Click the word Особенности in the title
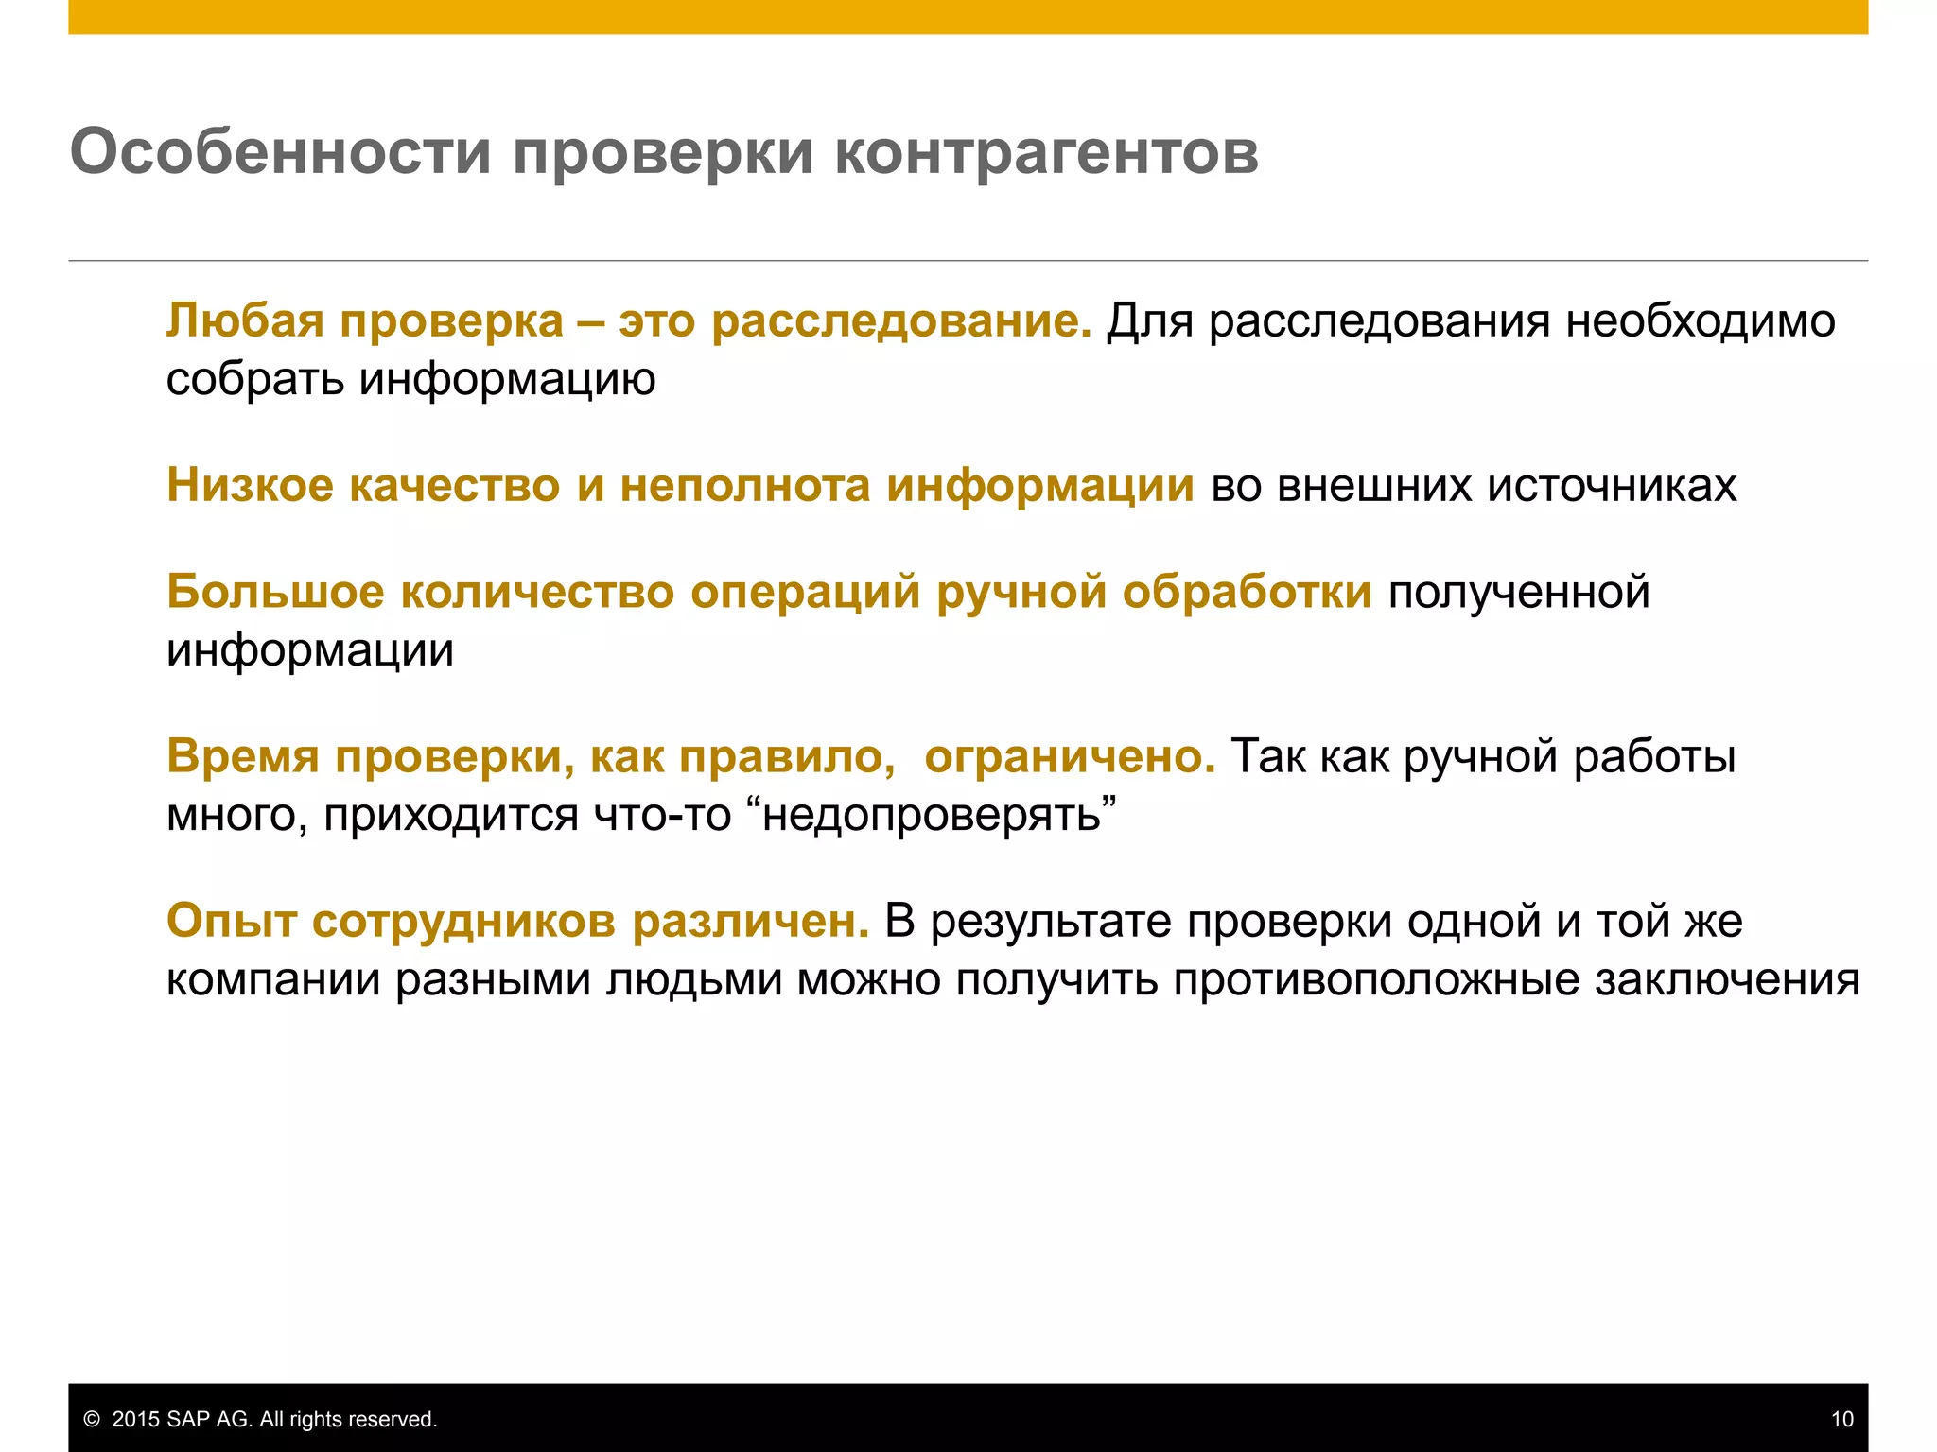tap(281, 151)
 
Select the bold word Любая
tap(245, 320)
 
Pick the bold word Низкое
tap(250, 485)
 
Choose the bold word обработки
tap(1247, 592)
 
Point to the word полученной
tap(1519, 592)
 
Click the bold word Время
tap(243, 756)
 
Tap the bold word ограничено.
tap(1069, 756)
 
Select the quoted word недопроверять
tap(932, 815)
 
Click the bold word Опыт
tap(232, 921)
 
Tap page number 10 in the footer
tap(1841, 1419)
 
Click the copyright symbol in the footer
tap(92, 1419)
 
